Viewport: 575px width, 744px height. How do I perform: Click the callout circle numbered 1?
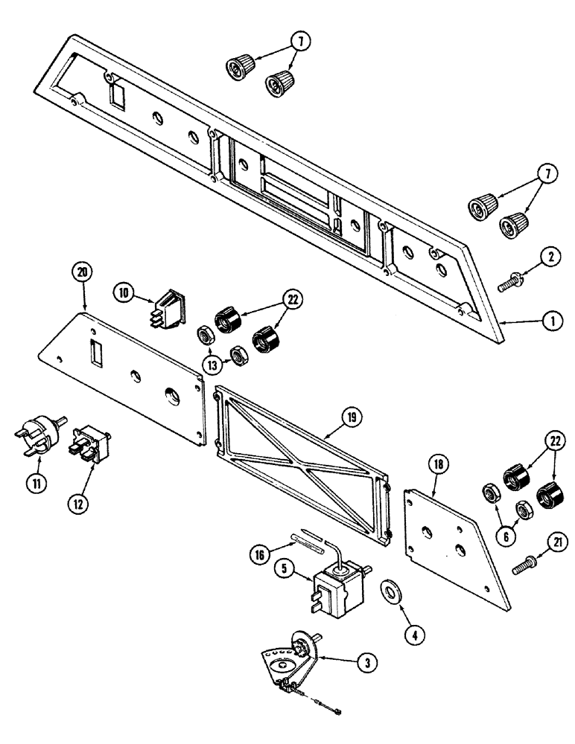[552, 322]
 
